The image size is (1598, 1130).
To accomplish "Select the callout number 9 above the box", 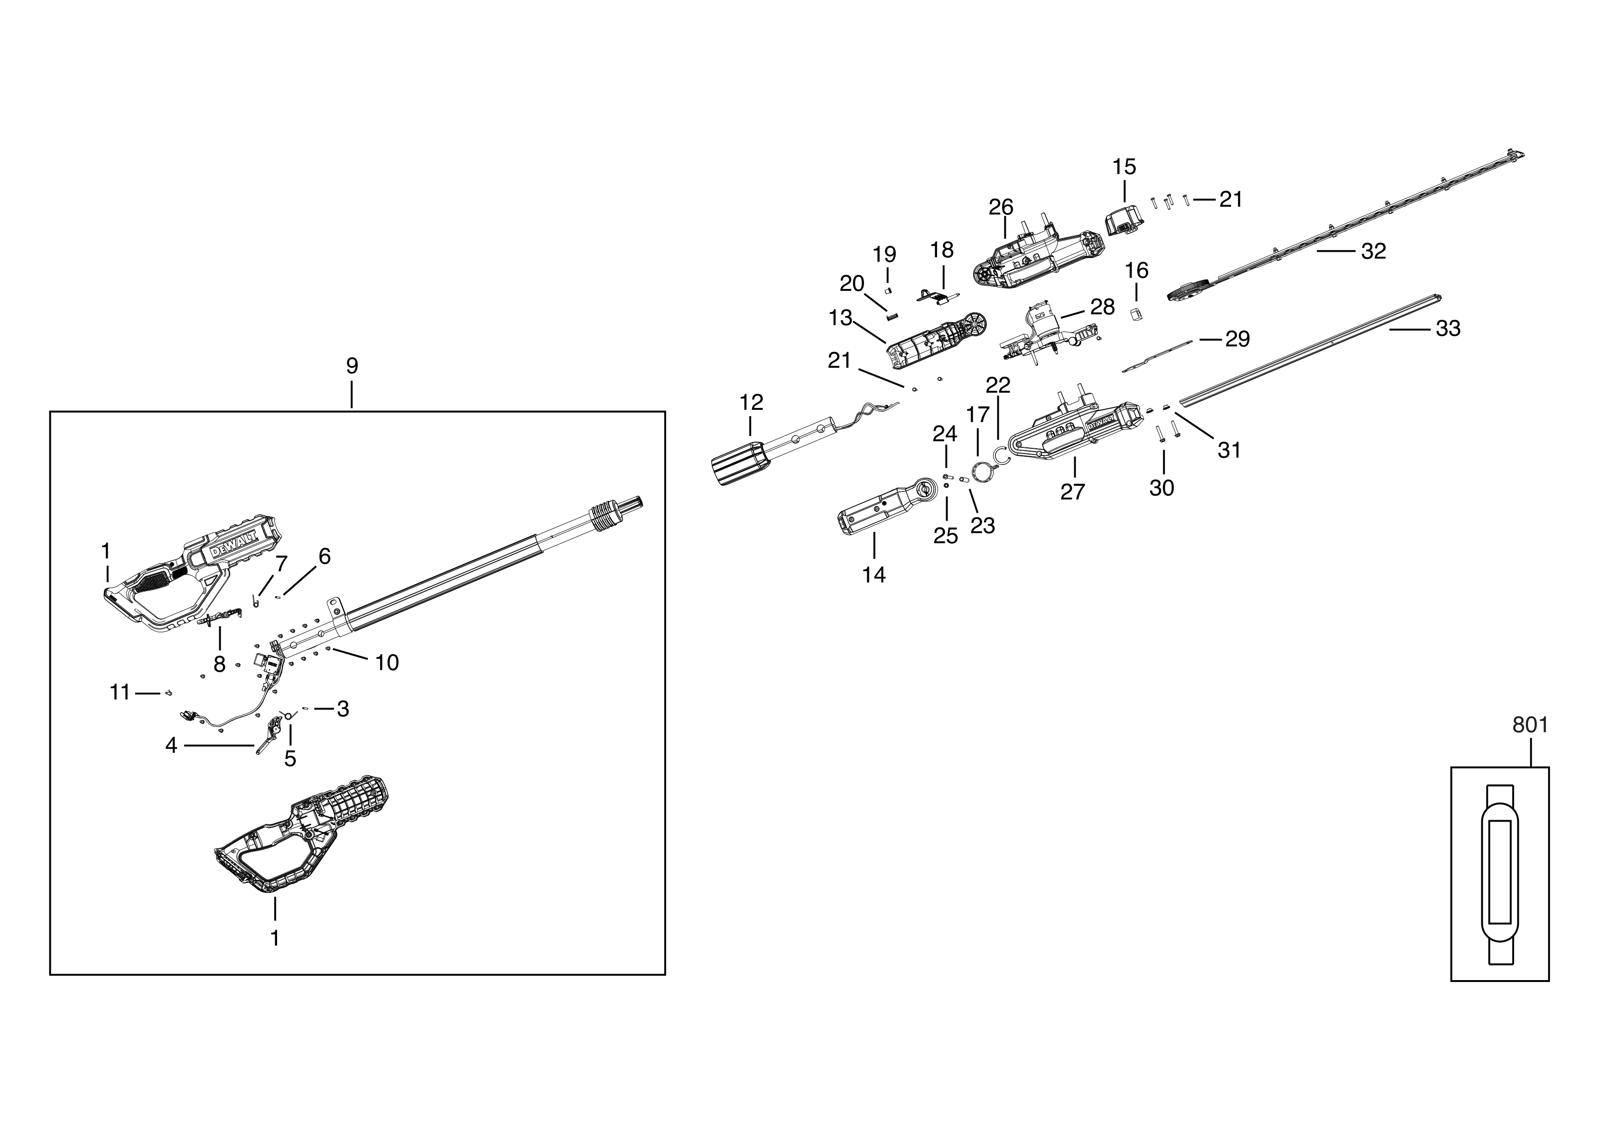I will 352,365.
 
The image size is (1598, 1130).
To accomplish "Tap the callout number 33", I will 1448,328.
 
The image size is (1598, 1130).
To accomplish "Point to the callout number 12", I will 751,402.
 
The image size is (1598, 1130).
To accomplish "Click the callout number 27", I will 1072,492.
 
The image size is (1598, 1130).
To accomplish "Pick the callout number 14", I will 873,575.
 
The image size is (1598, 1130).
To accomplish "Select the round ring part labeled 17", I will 982,472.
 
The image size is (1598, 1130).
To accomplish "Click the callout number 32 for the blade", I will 1373,251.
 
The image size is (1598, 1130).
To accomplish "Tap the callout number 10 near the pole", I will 387,662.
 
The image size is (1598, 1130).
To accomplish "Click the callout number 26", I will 1001,207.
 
